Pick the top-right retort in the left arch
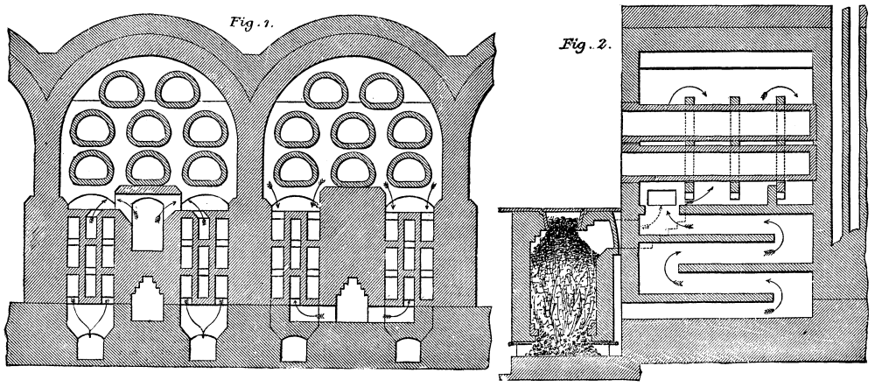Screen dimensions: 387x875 [180, 88]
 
